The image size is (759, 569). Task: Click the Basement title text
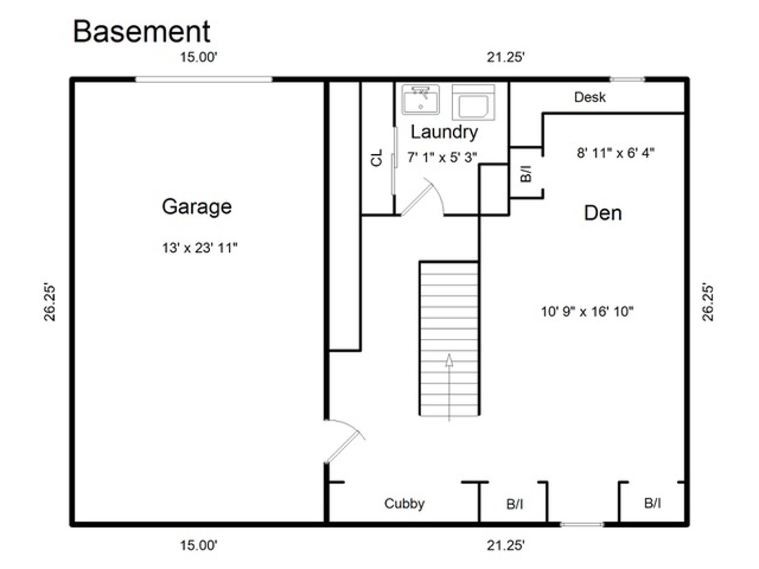pyautogui.click(x=141, y=32)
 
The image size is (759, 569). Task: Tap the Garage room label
pyautogui.click(x=197, y=207)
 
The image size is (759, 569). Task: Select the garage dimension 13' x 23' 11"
pyautogui.click(x=200, y=248)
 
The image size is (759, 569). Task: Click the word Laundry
pyautogui.click(x=444, y=132)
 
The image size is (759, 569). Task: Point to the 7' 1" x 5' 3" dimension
pyautogui.click(x=442, y=157)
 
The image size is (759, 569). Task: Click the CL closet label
pyautogui.click(x=376, y=158)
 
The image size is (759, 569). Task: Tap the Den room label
pyautogui.click(x=602, y=213)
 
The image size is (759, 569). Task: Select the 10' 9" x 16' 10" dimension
pyautogui.click(x=587, y=311)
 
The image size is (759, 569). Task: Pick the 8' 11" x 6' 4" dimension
pyautogui.click(x=615, y=153)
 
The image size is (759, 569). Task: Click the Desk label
pyautogui.click(x=590, y=97)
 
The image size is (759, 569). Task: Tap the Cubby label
pyautogui.click(x=404, y=504)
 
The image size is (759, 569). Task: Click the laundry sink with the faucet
pyautogui.click(x=420, y=100)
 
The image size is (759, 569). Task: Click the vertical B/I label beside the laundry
pyautogui.click(x=526, y=173)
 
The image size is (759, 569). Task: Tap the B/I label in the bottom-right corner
pyautogui.click(x=653, y=503)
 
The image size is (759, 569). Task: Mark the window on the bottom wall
pyautogui.click(x=581, y=524)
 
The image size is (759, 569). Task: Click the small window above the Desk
pyautogui.click(x=627, y=80)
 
